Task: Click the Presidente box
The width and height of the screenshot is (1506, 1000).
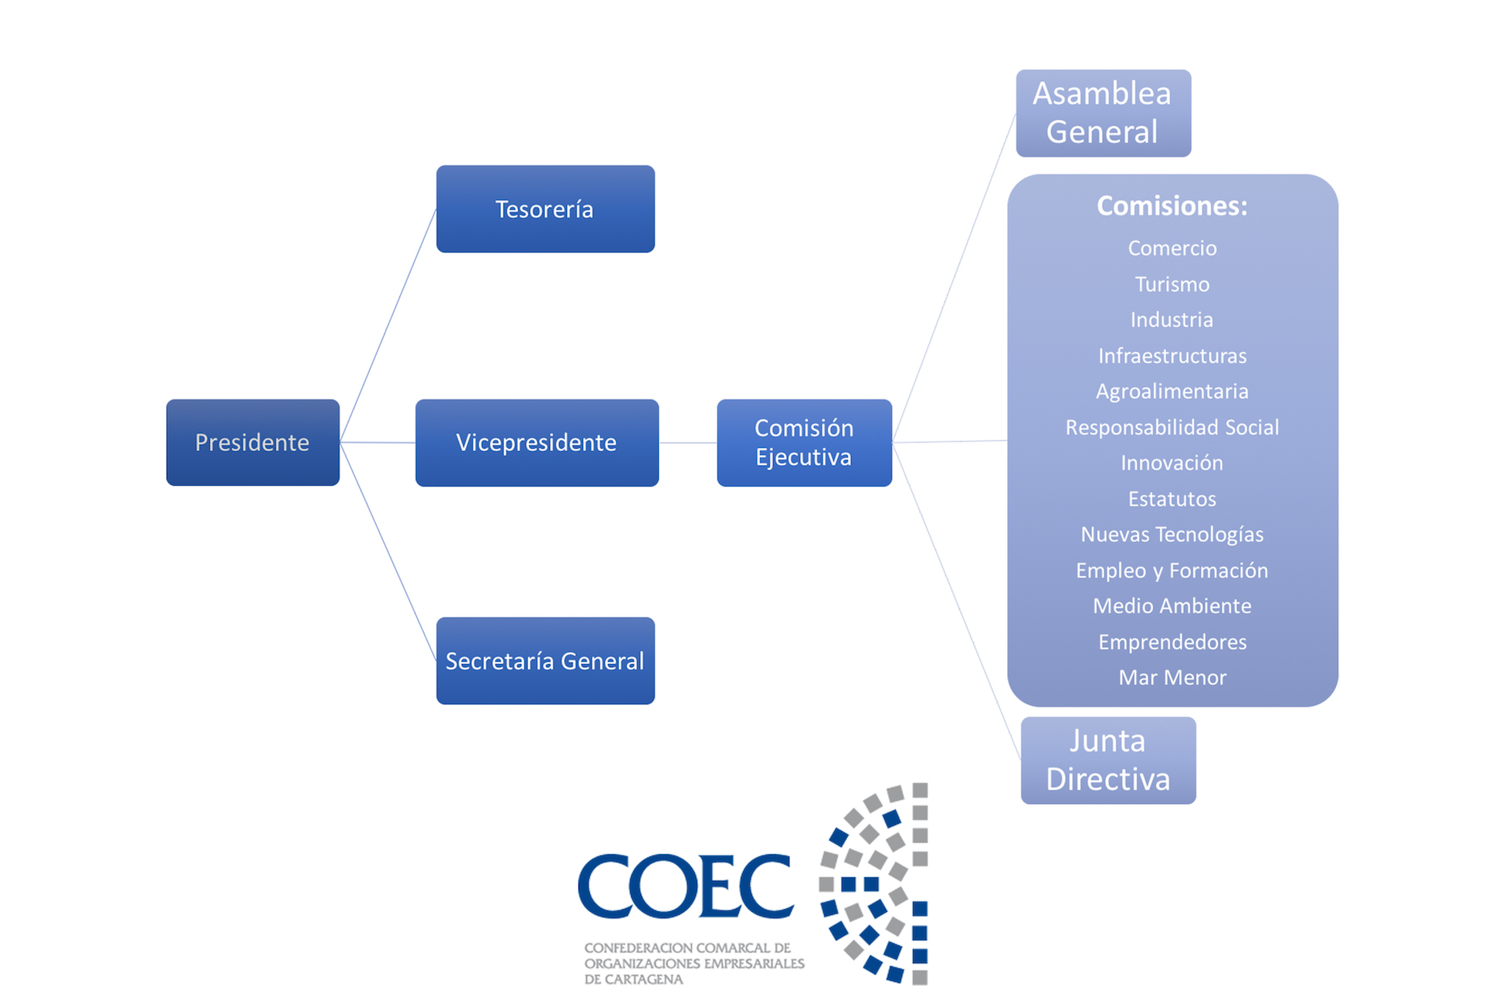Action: point(253,442)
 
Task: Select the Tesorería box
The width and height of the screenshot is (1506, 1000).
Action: point(545,208)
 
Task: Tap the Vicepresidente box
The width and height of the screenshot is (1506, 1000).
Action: point(537,442)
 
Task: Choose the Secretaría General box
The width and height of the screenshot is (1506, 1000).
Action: point(545,660)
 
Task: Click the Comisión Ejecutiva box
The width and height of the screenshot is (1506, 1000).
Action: point(804,442)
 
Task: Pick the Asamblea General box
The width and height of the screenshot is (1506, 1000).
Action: point(1103,113)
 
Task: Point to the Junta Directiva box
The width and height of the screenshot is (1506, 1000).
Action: point(1108,760)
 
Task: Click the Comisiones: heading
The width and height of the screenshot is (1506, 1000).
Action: point(1172,206)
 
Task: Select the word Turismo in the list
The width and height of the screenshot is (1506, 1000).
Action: point(1172,284)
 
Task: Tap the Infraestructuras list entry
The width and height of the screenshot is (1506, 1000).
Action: point(1172,356)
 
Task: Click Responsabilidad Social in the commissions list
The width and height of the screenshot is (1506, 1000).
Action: point(1172,427)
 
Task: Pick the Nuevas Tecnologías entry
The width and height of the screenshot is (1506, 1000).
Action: point(1172,534)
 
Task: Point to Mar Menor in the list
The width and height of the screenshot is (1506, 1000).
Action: point(1172,677)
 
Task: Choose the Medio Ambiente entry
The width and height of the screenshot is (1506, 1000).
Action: point(1172,606)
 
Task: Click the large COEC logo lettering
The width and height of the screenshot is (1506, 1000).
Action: point(686,886)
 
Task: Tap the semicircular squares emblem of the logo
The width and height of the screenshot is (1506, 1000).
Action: point(877,883)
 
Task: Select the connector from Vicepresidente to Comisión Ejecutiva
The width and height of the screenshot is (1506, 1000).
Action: point(687,442)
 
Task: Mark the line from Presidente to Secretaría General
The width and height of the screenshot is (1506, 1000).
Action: point(388,551)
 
